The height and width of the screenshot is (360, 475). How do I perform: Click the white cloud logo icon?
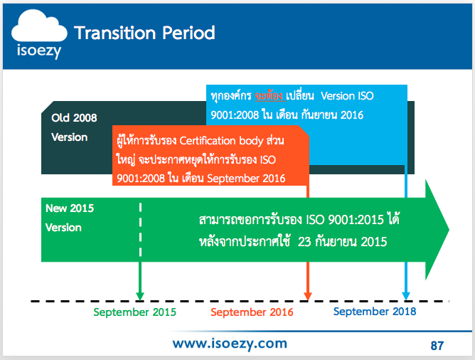point(39,26)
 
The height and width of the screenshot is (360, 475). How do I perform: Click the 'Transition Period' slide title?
point(144,33)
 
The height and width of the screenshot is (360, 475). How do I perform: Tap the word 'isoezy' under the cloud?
point(39,51)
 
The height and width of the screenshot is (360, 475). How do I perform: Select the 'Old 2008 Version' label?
point(74,127)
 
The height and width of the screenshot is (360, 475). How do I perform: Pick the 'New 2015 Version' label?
point(70,218)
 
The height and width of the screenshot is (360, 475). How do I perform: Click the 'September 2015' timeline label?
point(134,312)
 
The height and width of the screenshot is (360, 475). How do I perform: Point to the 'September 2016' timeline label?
point(252,312)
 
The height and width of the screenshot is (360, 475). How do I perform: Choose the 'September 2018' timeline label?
point(375,311)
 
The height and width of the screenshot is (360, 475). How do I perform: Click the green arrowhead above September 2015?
point(140,297)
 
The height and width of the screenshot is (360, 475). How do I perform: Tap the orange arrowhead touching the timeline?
point(308,297)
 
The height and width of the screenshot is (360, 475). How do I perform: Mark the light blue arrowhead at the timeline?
point(406,297)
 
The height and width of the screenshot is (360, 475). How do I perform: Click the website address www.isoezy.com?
point(230,344)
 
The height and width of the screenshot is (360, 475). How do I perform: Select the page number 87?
point(437,346)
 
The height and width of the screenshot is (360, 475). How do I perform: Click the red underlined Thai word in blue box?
point(269,96)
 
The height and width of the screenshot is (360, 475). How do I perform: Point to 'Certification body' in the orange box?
point(221,141)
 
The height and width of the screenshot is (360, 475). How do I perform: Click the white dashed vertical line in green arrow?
point(140,230)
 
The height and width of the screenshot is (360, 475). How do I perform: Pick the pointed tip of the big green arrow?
point(449,229)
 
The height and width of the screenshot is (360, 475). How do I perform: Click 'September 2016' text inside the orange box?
point(246,179)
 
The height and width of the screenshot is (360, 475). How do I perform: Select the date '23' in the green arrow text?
point(304,242)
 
